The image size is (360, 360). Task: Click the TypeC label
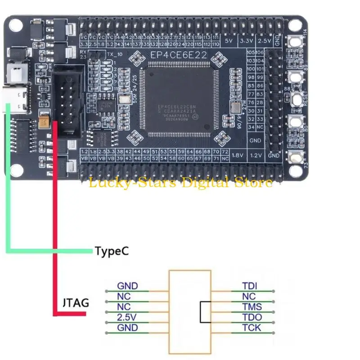(112, 251)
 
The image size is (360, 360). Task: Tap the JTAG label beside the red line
(74, 302)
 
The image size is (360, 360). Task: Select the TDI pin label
(251, 286)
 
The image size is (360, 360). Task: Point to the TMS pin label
(252, 307)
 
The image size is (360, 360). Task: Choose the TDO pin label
(252, 317)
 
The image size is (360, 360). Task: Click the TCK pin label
(252, 328)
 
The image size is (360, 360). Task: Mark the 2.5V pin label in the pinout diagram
(126, 317)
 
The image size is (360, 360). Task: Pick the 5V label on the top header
(228, 41)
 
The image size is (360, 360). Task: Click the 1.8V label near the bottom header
(237, 155)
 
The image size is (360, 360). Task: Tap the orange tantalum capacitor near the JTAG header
(45, 121)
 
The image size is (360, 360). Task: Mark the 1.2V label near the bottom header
(256, 155)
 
